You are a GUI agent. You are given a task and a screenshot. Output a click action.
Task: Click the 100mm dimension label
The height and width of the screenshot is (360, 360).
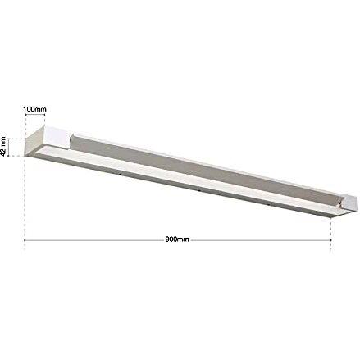pos(34,109)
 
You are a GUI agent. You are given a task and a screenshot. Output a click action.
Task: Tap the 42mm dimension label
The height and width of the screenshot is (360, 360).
pos(3,147)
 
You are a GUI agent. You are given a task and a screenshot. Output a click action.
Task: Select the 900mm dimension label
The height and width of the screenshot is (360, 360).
pos(177,239)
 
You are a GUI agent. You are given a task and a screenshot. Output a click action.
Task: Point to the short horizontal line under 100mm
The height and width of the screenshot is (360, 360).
pos(35,115)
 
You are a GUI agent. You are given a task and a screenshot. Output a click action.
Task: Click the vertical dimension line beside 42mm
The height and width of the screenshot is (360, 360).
pos(9,148)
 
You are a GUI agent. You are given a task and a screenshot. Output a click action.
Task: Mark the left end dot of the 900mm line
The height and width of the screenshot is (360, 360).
pos(25,240)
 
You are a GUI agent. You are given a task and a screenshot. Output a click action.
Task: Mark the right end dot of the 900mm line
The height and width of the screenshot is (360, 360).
pos(331,240)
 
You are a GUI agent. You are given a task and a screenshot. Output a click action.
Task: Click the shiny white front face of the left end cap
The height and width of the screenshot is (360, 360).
pos(56,137)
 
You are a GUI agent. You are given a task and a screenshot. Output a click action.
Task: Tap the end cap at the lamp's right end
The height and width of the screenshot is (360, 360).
pos(348,203)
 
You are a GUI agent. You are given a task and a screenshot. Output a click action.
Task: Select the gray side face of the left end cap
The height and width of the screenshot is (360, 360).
pos(34,141)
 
